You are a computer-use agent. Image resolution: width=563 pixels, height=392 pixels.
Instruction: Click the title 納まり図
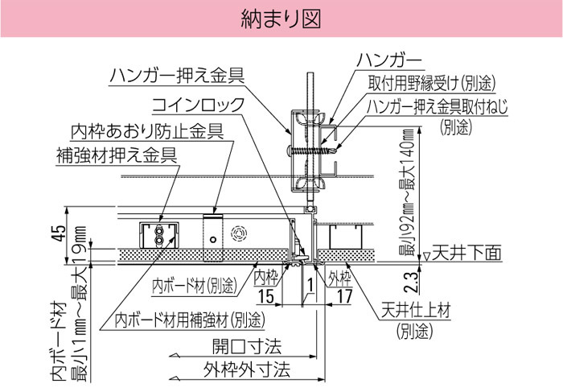click(x=281, y=19)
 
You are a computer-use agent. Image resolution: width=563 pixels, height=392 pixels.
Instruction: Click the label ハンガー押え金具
click(x=177, y=76)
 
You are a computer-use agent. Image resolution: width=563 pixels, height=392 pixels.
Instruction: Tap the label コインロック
click(x=198, y=105)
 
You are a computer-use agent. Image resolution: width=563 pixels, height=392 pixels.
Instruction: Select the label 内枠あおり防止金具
click(x=147, y=131)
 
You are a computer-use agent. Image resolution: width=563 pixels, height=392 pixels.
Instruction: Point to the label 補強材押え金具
click(x=117, y=155)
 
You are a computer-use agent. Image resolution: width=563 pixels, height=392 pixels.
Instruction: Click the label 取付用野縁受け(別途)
click(x=432, y=84)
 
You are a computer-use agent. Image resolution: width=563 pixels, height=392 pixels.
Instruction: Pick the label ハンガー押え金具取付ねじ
click(x=438, y=107)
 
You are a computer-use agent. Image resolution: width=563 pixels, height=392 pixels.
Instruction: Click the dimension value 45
click(x=59, y=233)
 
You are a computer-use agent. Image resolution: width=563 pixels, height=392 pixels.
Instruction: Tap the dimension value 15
click(x=266, y=296)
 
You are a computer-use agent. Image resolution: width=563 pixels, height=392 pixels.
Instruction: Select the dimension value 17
click(x=345, y=296)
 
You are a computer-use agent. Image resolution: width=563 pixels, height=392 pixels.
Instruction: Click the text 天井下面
click(x=466, y=253)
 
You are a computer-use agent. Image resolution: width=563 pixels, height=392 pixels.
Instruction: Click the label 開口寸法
click(x=247, y=346)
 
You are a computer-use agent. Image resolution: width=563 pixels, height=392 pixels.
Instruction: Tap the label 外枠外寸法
click(x=247, y=369)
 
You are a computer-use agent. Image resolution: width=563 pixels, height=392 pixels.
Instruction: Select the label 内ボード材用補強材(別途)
click(x=190, y=320)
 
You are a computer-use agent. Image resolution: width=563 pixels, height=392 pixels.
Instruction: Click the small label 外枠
click(x=339, y=278)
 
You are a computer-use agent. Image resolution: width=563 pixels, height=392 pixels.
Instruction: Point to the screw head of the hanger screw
click(x=290, y=150)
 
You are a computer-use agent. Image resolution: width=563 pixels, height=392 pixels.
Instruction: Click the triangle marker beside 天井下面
click(x=426, y=257)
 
